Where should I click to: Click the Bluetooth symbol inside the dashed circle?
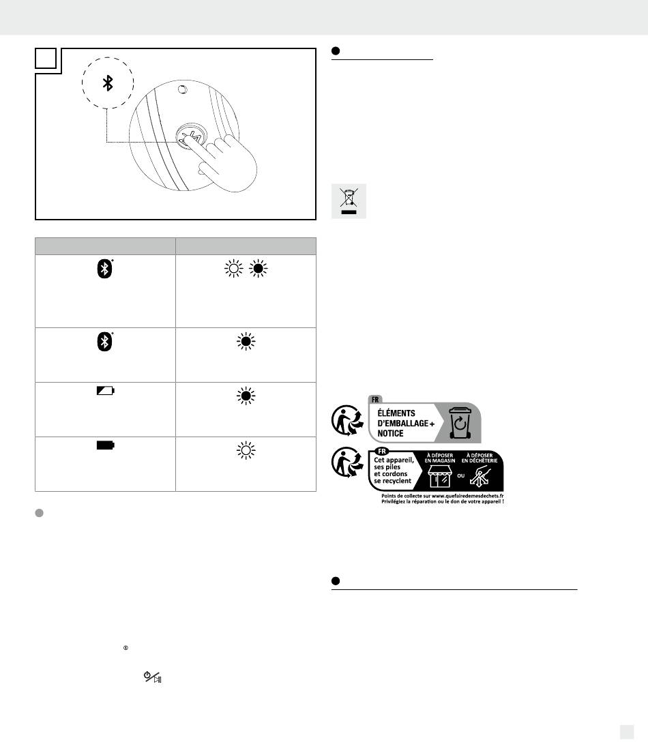(x=107, y=83)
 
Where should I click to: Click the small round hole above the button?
(x=181, y=89)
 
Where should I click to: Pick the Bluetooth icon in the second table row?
(x=104, y=343)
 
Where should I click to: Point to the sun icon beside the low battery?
(x=245, y=396)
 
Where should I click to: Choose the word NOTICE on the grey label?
(x=388, y=433)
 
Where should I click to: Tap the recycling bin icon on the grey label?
(x=460, y=424)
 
